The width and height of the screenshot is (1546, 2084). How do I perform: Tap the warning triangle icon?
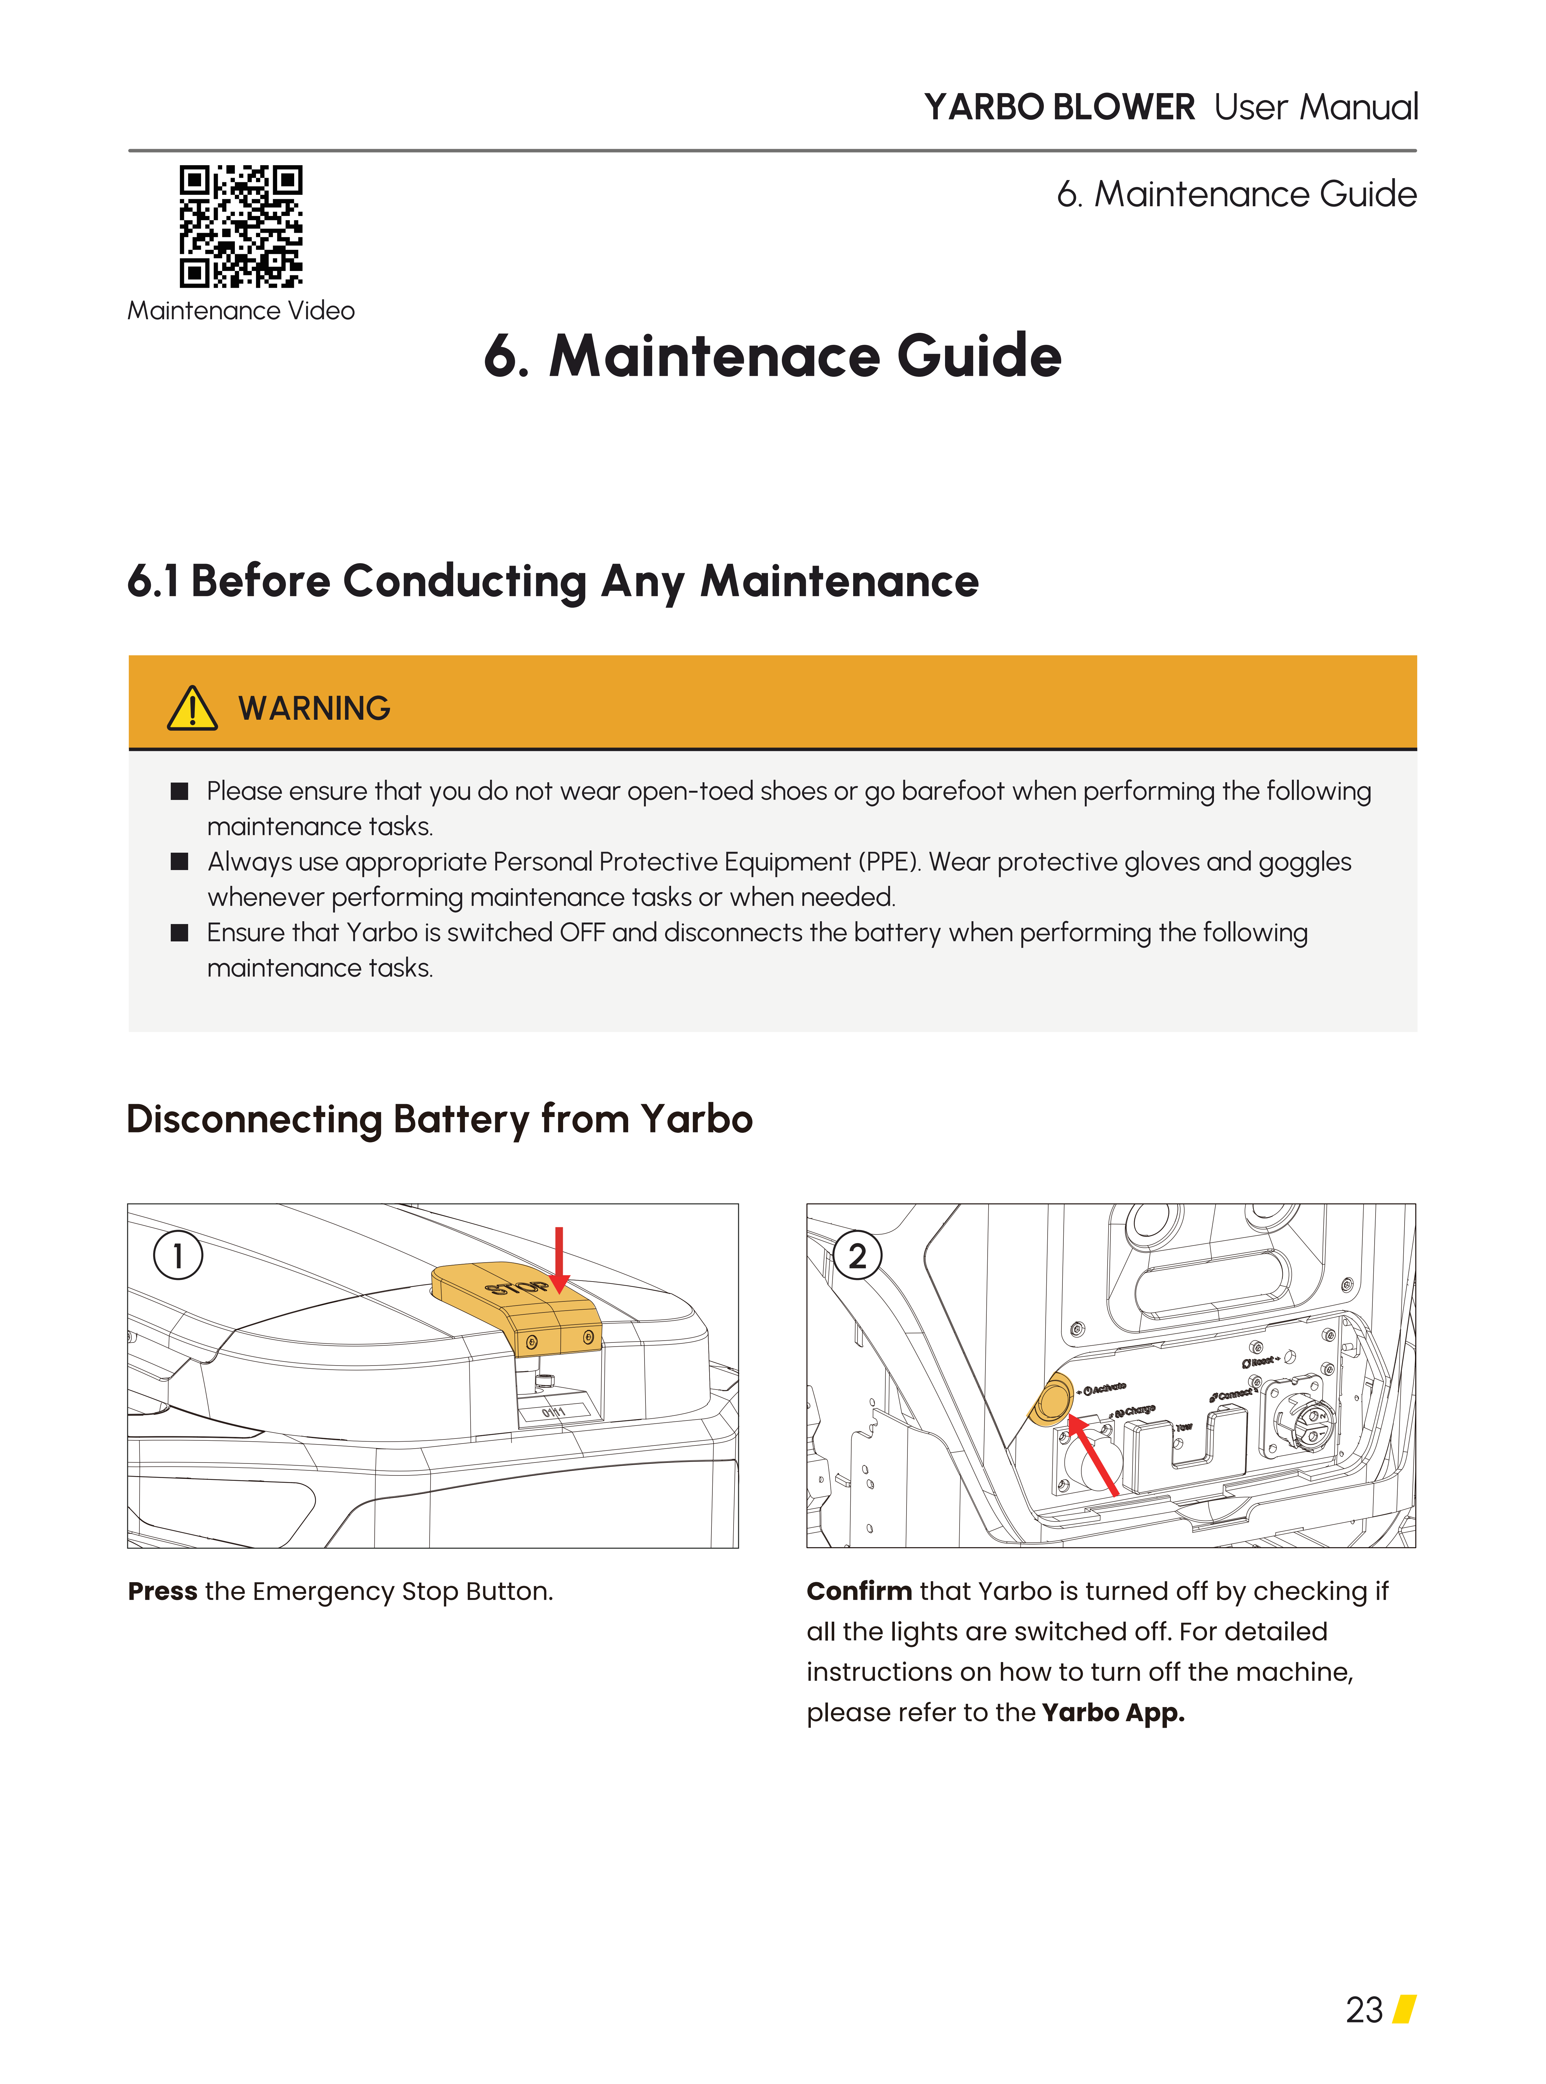[x=192, y=709]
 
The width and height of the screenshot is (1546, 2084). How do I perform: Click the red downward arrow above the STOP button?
[x=559, y=1259]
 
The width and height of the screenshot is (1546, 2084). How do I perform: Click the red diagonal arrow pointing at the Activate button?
[x=1093, y=1456]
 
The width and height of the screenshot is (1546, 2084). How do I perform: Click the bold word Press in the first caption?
[x=162, y=1592]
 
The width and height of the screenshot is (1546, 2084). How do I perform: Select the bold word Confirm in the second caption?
[x=858, y=1592]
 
